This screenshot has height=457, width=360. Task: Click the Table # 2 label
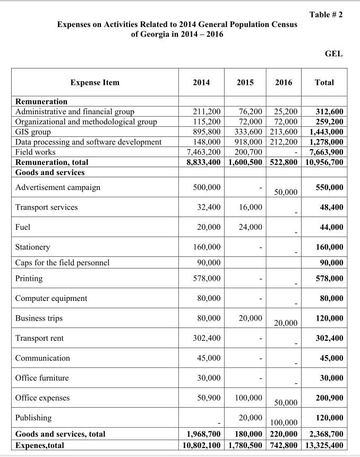click(x=325, y=14)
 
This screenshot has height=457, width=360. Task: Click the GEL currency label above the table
click(x=333, y=54)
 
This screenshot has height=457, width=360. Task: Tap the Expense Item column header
click(x=95, y=82)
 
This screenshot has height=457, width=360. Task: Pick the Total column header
click(x=324, y=82)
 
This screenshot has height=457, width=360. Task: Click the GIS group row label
click(x=33, y=132)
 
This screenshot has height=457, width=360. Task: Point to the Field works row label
click(x=36, y=152)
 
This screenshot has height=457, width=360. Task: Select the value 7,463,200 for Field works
click(x=202, y=152)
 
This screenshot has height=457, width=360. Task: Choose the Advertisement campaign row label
click(x=58, y=187)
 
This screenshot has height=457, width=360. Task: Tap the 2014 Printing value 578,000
click(x=209, y=278)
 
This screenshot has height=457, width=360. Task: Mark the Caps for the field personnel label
click(x=63, y=263)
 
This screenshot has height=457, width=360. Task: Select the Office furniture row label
click(x=42, y=378)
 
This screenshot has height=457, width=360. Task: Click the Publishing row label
click(x=33, y=418)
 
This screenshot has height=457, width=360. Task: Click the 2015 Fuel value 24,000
click(x=250, y=227)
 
